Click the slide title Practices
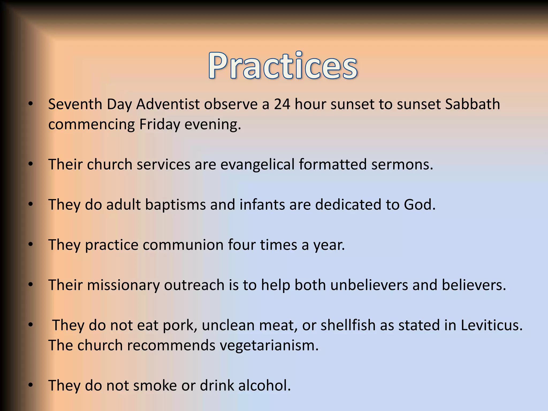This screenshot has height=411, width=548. coord(283,66)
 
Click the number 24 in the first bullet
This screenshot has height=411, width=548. coord(282,104)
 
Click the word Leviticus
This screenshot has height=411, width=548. coord(491,325)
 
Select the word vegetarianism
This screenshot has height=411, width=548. coord(269,345)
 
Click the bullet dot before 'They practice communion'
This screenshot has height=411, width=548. coord(31,244)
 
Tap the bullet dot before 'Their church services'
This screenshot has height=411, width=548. coord(31,164)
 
